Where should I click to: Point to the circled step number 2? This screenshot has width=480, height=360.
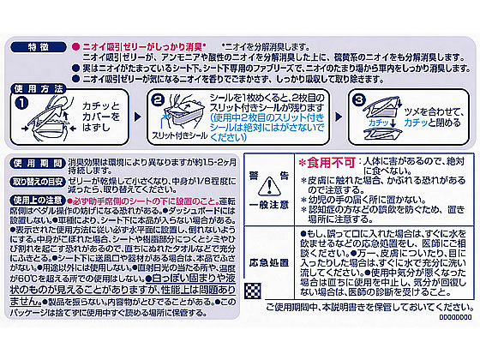click(x=157, y=100)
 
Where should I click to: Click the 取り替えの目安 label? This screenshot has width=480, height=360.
click(x=33, y=181)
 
